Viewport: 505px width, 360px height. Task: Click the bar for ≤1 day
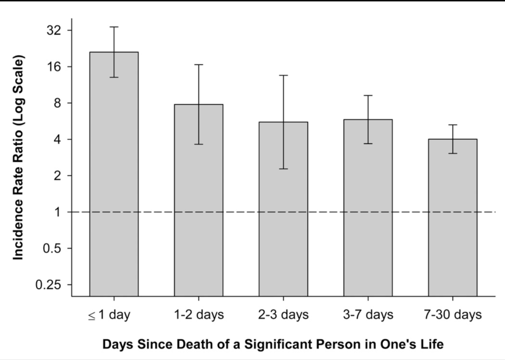(x=114, y=174)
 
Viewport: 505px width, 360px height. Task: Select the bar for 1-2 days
(x=199, y=200)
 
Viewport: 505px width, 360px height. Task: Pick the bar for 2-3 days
(x=283, y=209)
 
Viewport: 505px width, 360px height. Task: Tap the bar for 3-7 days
(x=368, y=208)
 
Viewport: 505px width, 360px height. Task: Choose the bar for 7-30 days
(x=453, y=218)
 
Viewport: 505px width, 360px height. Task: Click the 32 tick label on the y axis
(x=54, y=30)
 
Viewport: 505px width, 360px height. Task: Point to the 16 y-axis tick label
(x=54, y=67)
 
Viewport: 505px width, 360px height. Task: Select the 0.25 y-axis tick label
(x=48, y=285)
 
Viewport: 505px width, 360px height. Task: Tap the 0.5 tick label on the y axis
(x=52, y=249)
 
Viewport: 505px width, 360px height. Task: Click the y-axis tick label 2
(x=58, y=176)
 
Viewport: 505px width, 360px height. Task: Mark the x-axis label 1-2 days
(x=199, y=315)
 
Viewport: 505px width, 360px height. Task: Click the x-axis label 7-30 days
(x=453, y=315)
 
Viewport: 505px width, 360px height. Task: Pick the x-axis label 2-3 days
(x=283, y=315)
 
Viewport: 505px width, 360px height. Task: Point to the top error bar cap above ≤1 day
(x=114, y=27)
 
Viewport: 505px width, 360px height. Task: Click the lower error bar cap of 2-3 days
(x=283, y=169)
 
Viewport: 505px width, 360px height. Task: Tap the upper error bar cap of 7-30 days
(x=453, y=125)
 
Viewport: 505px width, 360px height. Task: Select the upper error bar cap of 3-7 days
(x=368, y=96)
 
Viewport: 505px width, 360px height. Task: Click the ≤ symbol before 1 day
(x=92, y=316)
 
